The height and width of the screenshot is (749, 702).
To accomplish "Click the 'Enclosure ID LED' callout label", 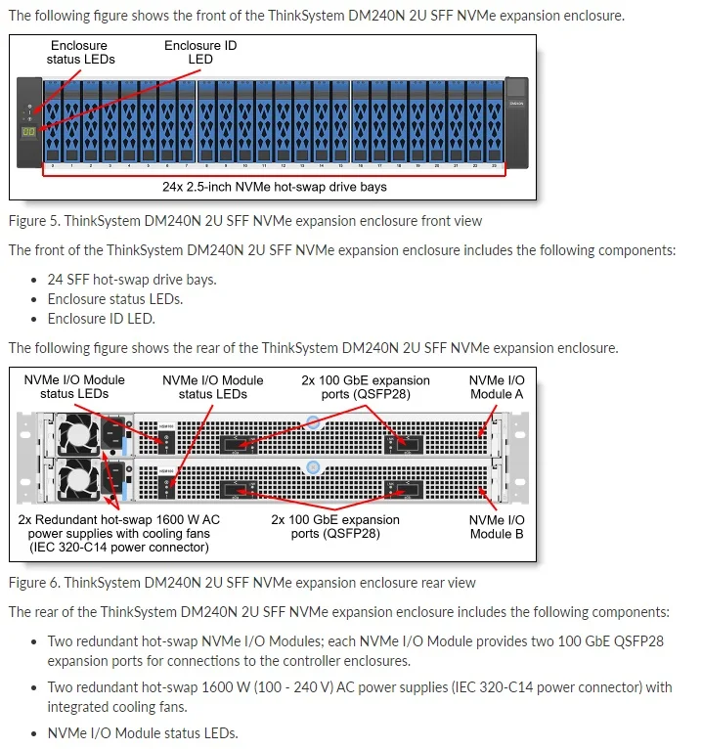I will point(199,52).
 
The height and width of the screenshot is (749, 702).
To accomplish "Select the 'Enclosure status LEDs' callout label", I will point(80,52).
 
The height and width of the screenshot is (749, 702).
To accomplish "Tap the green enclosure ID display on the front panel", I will point(29,131).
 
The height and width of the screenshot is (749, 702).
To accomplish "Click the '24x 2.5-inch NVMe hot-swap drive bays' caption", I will point(274,186).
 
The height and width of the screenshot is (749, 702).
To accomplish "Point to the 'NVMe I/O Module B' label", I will point(497,527).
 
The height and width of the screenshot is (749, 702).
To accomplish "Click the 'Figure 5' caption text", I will point(244,221).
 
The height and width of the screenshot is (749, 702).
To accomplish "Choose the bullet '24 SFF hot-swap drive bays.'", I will point(132,280).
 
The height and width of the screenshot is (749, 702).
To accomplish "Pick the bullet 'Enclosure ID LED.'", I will point(101,319).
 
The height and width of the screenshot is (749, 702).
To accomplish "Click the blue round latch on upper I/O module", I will point(312,423).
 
